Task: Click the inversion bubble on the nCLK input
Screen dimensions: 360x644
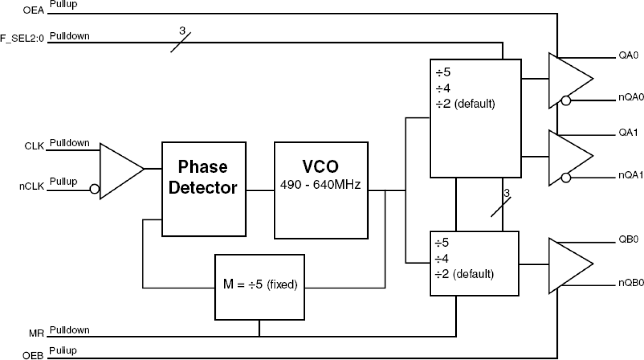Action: (x=94, y=189)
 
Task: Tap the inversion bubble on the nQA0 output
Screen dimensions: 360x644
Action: (x=566, y=102)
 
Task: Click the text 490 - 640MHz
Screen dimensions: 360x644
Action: (x=321, y=186)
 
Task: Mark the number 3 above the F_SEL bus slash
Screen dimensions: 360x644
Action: (x=182, y=31)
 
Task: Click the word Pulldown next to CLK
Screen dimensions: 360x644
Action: (x=70, y=143)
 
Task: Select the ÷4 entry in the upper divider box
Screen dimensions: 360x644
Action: (x=442, y=88)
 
